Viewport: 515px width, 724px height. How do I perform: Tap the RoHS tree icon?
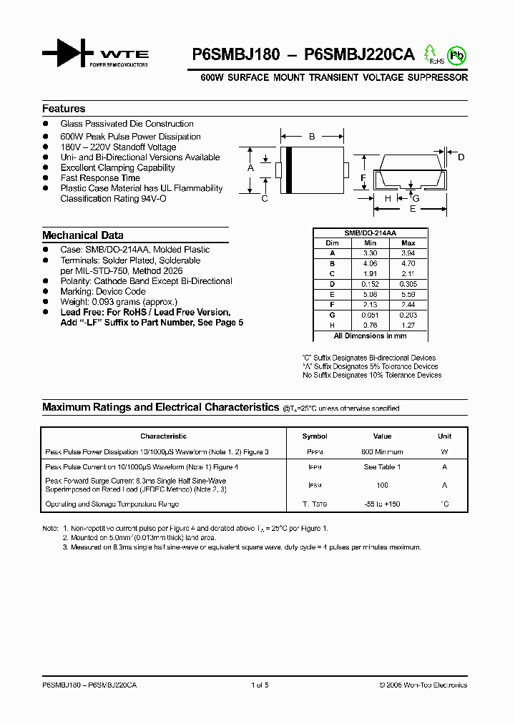(431, 54)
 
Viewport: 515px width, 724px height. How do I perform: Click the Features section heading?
(64, 109)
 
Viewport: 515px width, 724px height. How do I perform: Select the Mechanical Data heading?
(82, 235)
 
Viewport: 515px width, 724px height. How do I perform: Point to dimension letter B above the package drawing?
(311, 136)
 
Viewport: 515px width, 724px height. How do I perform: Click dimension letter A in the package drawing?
(250, 168)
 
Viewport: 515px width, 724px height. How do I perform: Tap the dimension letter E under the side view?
(412, 209)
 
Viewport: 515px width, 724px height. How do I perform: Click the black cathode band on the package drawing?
(288, 170)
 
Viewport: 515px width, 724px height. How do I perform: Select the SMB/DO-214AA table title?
(370, 233)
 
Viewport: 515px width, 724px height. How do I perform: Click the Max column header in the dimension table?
(408, 243)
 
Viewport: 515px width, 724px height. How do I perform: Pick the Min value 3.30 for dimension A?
(369, 253)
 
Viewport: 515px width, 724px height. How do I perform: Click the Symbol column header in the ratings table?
(315, 436)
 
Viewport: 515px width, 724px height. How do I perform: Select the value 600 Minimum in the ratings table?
(382, 452)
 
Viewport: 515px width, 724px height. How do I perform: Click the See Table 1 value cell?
(382, 466)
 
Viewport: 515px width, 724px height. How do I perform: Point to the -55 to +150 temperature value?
(382, 504)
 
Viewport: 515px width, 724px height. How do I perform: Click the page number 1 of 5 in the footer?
(260, 685)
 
